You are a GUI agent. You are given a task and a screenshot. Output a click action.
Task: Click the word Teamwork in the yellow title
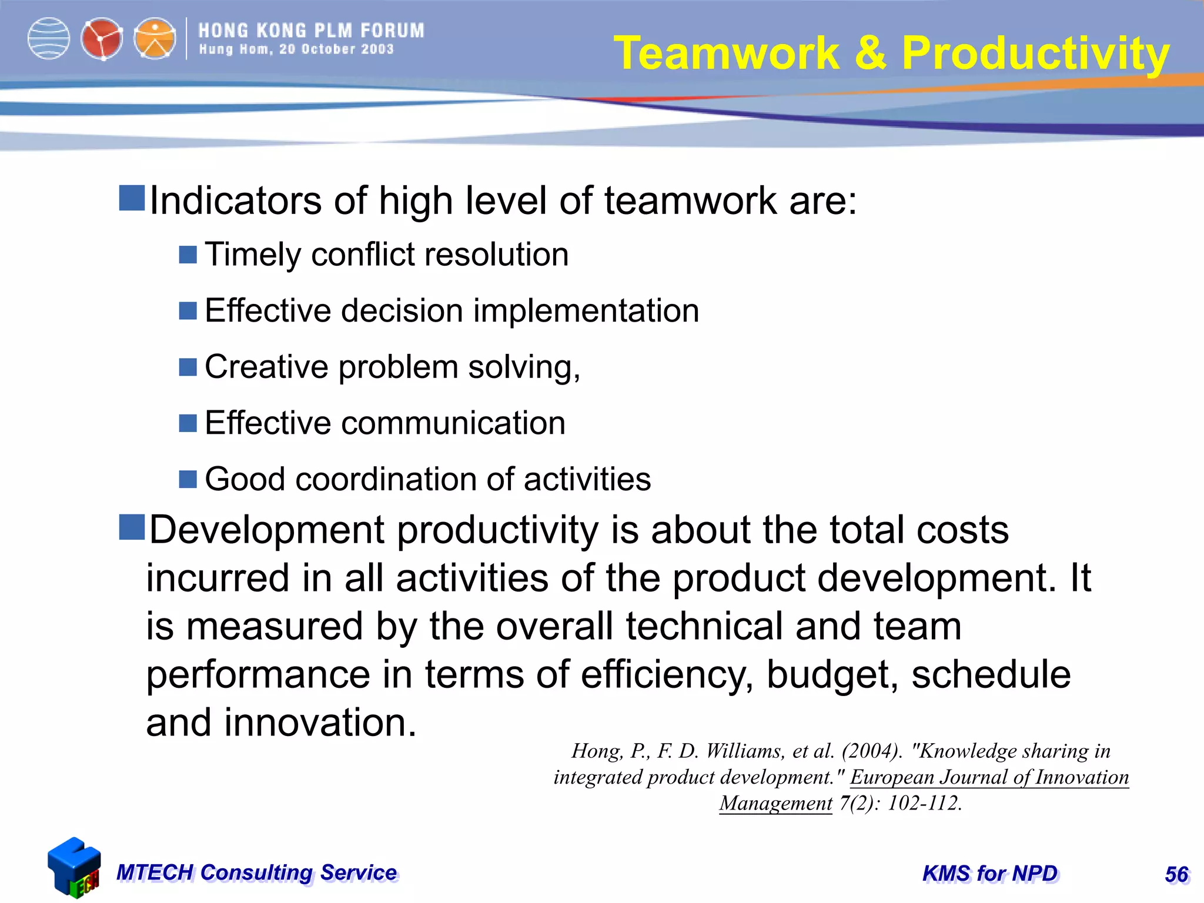727,53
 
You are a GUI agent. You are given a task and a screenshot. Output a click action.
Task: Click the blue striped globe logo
49,39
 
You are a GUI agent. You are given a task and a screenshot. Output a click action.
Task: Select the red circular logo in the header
102,39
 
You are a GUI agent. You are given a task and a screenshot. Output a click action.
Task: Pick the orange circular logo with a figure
155,39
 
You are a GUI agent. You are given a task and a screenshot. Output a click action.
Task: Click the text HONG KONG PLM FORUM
311,31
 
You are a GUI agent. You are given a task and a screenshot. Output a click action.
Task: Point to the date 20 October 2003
336,49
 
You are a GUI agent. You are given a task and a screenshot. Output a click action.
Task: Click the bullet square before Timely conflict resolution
188,255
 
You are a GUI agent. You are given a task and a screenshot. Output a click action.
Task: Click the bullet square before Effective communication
188,423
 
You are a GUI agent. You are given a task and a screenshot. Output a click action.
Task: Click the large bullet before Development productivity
132,527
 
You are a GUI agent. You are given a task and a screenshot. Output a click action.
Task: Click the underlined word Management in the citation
776,803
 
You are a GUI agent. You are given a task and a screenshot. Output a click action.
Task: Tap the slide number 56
1176,874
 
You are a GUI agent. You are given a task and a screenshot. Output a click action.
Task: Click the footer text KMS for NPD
990,874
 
